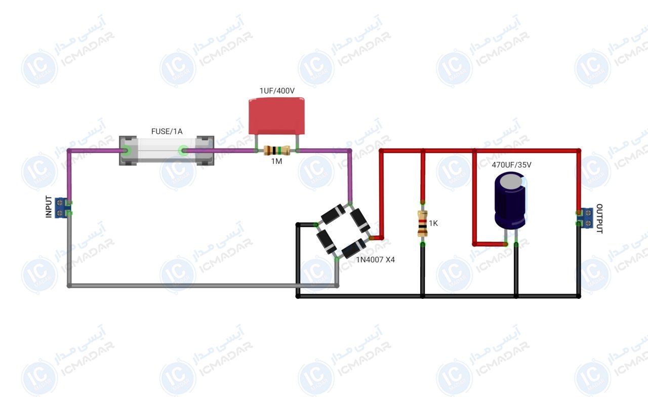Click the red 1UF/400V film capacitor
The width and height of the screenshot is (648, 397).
(276, 116)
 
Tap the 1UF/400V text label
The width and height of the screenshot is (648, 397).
(277, 91)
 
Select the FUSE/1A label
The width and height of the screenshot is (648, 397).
(167, 131)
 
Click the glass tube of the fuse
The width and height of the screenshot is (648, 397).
(167, 150)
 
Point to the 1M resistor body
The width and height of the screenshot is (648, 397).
(277, 150)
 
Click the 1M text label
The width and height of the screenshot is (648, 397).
(276, 162)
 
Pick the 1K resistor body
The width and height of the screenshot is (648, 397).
(423, 223)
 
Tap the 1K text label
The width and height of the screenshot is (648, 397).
(433, 223)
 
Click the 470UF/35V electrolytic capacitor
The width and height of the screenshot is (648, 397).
(511, 201)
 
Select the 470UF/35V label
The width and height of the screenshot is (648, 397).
(511, 165)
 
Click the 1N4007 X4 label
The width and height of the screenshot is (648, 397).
(375, 260)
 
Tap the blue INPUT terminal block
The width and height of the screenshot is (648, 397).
(62, 208)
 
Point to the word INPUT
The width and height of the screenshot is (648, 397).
(49, 207)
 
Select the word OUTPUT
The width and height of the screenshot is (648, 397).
(599, 218)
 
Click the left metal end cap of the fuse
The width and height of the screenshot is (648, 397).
(128, 150)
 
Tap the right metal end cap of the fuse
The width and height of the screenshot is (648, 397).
(205, 150)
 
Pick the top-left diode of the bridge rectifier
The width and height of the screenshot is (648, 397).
(333, 214)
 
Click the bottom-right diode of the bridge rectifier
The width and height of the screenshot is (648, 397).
(354, 248)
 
